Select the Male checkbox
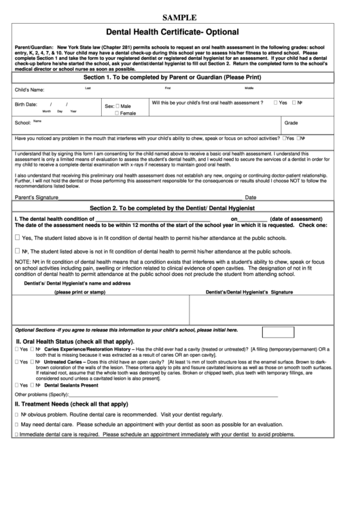118,106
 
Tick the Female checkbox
118,113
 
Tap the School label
22,123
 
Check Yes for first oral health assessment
275,103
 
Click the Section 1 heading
180,78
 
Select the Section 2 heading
180,207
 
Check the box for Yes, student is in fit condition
18,238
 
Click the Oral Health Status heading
75,340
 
